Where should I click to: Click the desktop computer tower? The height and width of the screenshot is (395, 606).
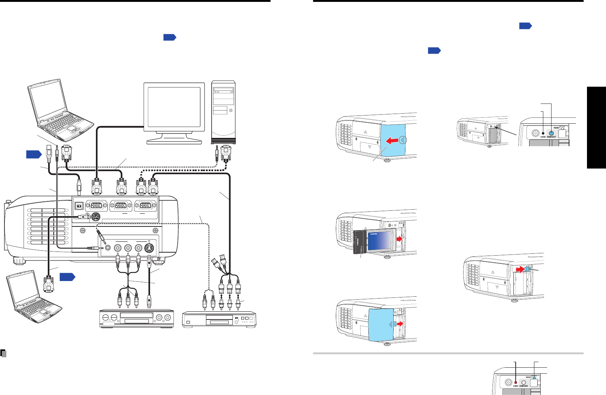[223, 112]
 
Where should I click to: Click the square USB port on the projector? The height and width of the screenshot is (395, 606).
[79, 206]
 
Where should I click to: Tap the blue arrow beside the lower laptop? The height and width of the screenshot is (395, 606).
[67, 277]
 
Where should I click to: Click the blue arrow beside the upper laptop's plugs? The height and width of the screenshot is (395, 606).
[34, 154]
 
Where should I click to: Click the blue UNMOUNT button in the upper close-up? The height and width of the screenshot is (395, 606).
[551, 133]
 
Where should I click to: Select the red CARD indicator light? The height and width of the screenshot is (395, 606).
[516, 382]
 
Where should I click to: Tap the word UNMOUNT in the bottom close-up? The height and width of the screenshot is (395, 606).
[524, 386]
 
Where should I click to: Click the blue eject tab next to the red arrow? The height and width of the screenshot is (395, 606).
[527, 269]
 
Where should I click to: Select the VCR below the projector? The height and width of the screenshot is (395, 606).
[137, 318]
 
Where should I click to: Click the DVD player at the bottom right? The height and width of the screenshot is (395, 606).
[219, 320]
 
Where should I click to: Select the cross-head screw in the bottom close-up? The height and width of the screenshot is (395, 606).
[508, 383]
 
